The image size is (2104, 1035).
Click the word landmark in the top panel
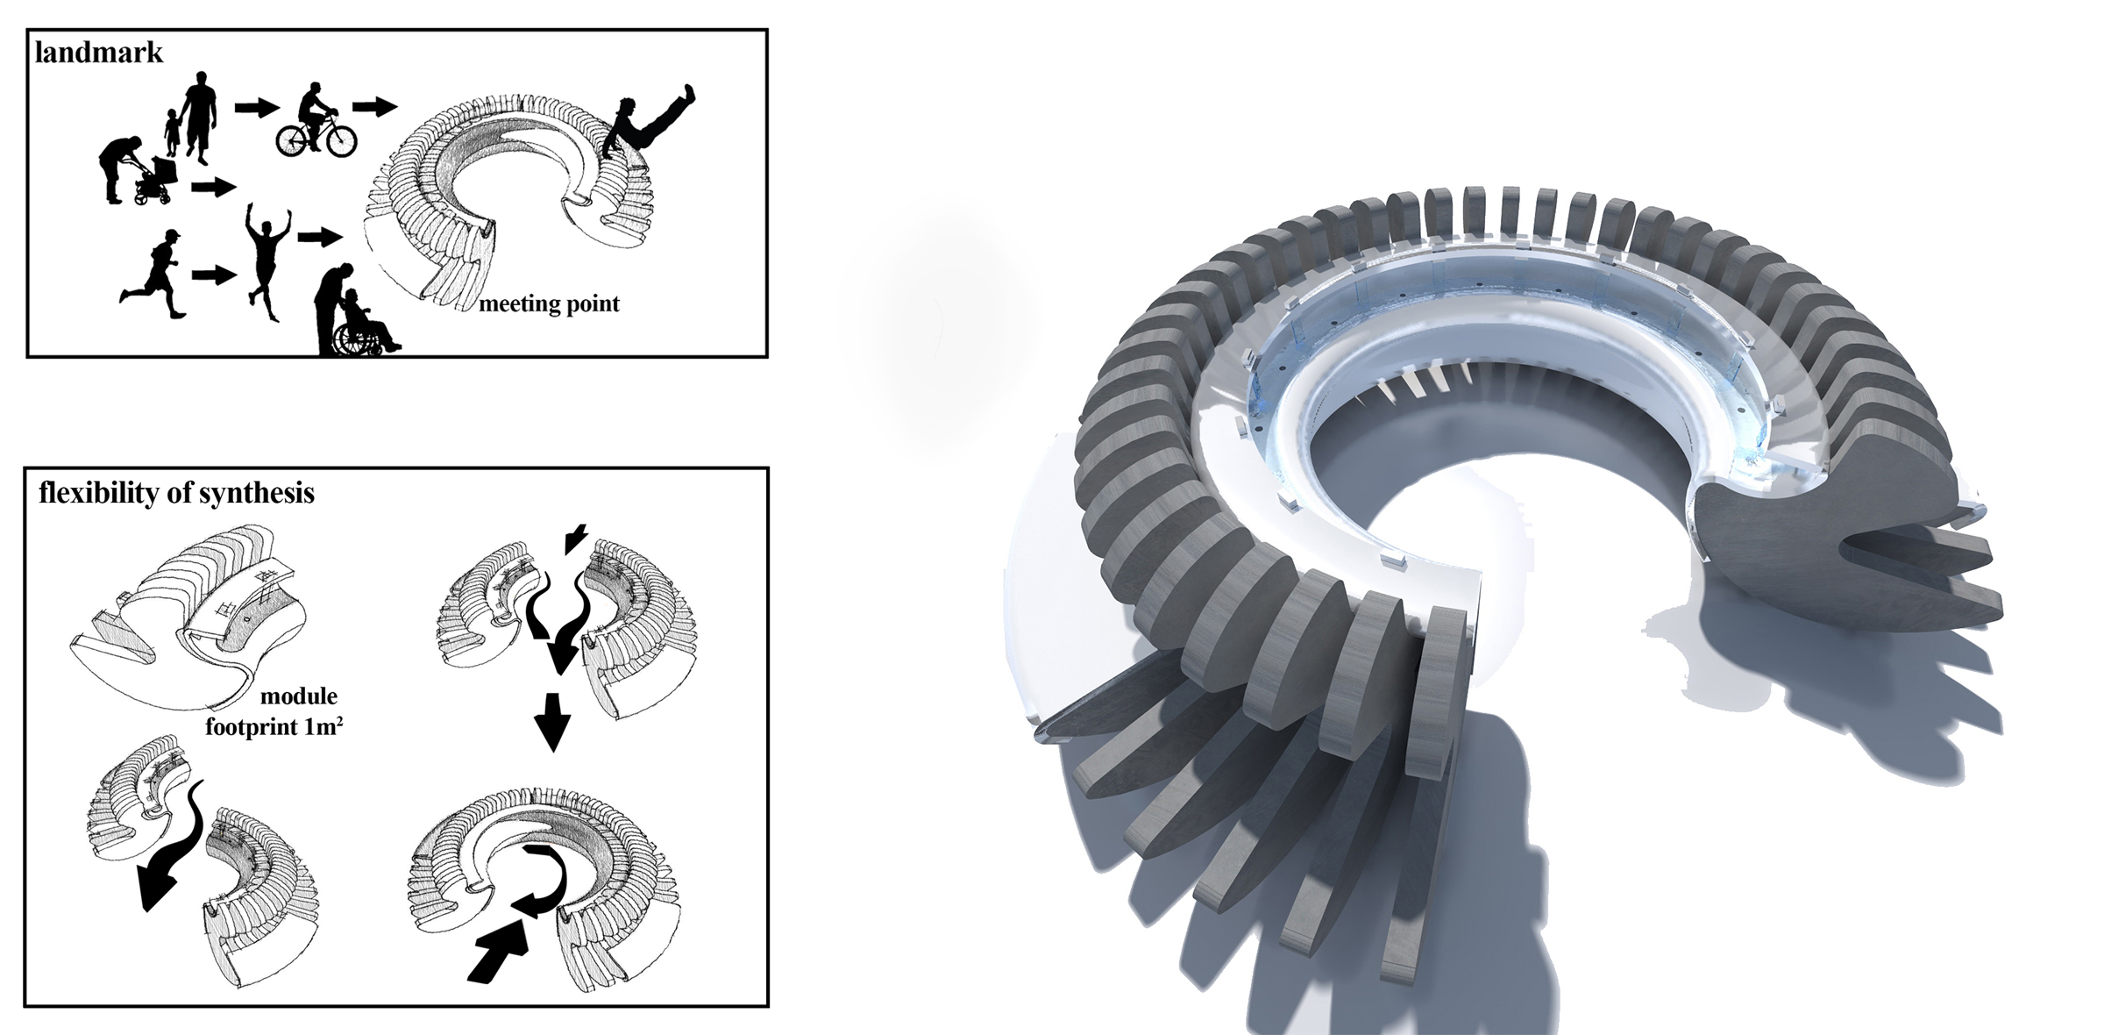point(98,53)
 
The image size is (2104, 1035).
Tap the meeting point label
point(549,303)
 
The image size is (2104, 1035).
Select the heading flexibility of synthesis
point(176,494)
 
